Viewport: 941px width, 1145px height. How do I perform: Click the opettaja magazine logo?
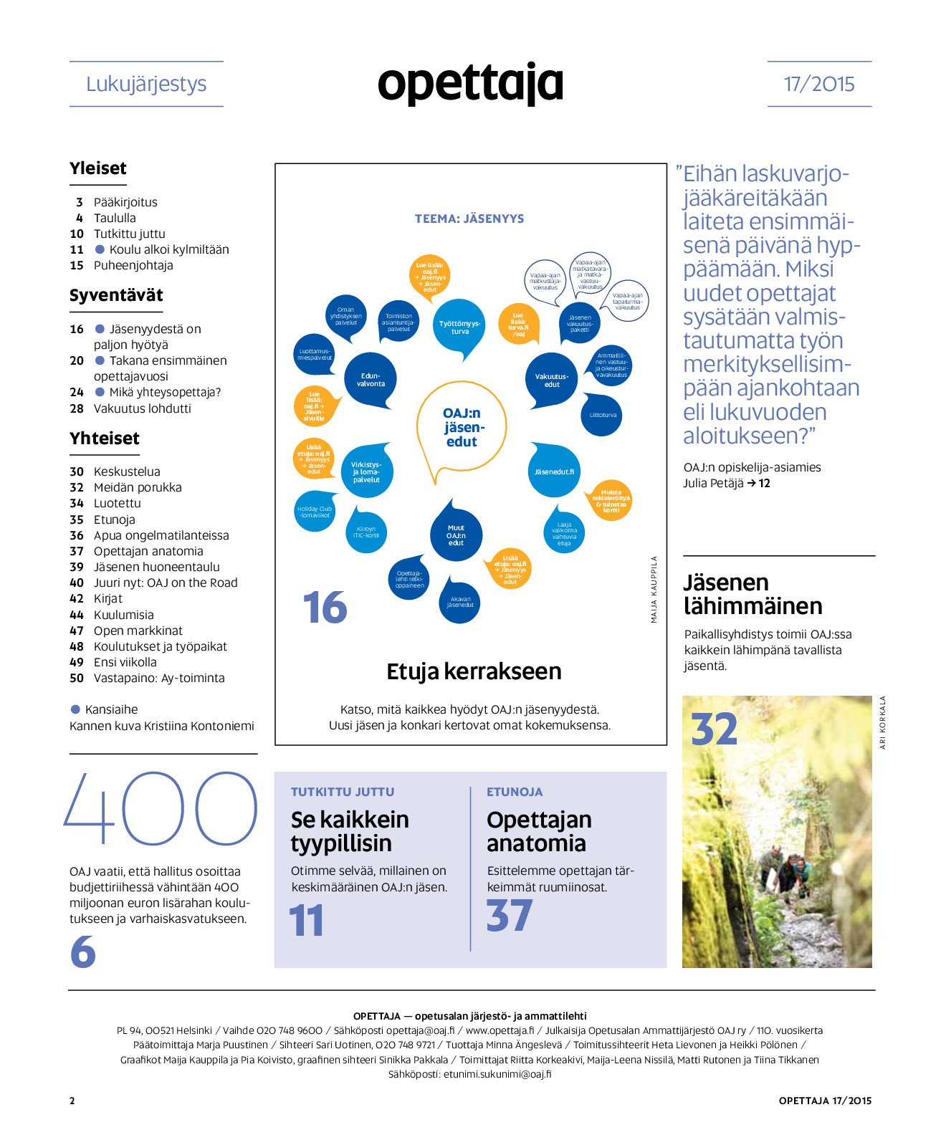click(470, 84)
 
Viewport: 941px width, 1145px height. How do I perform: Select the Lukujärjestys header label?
click(146, 84)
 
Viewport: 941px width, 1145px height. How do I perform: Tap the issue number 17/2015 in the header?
click(819, 84)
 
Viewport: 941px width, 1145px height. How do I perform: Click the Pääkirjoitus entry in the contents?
click(125, 202)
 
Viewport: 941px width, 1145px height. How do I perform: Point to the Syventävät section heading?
click(116, 295)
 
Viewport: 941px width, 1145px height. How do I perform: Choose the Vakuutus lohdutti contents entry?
click(142, 408)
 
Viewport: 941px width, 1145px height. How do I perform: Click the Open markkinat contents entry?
click(138, 631)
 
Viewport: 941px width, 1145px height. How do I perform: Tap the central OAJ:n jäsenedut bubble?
click(462, 427)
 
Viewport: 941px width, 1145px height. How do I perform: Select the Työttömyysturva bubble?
click(459, 327)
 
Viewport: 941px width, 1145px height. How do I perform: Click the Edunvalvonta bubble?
click(371, 380)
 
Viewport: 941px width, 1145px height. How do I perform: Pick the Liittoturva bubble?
click(603, 415)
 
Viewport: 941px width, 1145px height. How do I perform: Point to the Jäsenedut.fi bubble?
click(554, 471)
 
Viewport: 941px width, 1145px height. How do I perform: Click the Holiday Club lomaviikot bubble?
click(315, 512)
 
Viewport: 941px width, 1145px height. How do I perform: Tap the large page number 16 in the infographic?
click(325, 608)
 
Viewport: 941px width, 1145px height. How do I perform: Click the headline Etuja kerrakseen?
click(474, 671)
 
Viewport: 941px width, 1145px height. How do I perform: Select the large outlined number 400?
click(161, 808)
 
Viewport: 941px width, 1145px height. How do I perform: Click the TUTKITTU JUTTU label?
click(343, 792)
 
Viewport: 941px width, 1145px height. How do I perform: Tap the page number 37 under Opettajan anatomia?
click(510, 916)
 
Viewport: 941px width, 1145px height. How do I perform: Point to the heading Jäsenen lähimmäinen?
click(753, 594)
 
